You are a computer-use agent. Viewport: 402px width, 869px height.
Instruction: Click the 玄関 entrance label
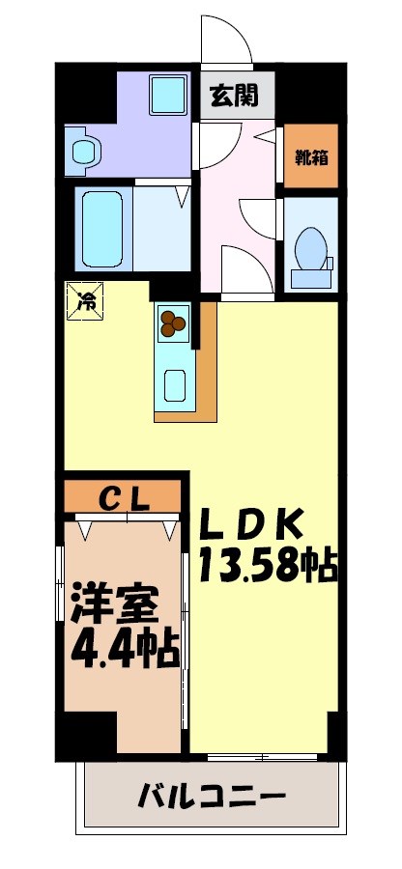tap(232, 95)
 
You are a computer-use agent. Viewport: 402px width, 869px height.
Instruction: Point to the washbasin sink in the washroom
tap(85, 151)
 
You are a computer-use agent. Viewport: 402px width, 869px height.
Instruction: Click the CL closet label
tap(125, 498)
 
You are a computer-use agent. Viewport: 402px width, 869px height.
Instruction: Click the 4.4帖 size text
tap(125, 650)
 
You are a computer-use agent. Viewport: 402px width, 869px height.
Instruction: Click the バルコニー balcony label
tap(212, 798)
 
